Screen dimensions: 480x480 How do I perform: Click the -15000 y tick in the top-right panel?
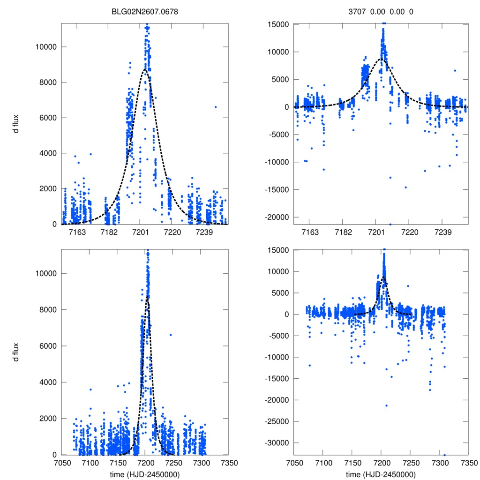tap(277, 189)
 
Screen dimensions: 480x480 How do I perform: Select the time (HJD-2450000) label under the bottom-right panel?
tap(381, 474)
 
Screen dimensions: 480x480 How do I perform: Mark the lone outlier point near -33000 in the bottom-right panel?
tap(444, 455)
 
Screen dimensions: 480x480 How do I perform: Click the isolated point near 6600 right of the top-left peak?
tap(215, 107)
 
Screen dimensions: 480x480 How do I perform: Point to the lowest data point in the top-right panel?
tap(390, 224)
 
